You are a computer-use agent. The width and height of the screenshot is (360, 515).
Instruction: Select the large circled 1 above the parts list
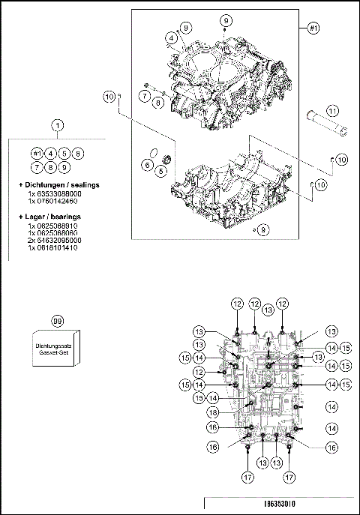pyautogui.click(x=58, y=127)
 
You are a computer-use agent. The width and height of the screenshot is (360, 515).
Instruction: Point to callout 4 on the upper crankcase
pyautogui.click(x=172, y=37)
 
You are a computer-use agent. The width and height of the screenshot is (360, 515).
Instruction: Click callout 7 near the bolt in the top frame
pyautogui.click(x=143, y=96)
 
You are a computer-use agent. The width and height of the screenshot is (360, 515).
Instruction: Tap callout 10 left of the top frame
pyautogui.click(x=109, y=96)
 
